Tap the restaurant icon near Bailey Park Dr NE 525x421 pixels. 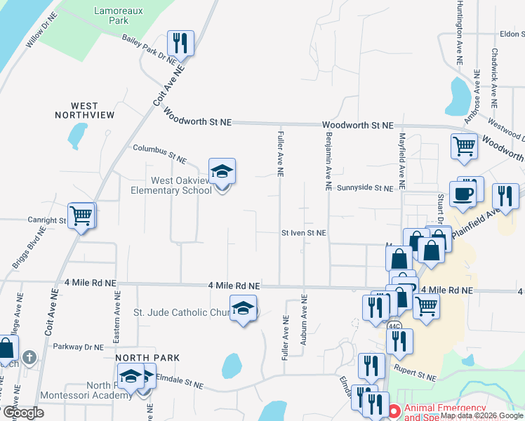pos(180,43)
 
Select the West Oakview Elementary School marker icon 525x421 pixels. pos(222,172)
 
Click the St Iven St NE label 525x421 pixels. pos(304,232)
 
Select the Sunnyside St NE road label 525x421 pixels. pos(364,188)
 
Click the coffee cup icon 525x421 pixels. pos(463,194)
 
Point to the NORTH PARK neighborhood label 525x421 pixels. pos(138,357)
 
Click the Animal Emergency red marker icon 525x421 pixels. pos(394,410)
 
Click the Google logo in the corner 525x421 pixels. pos(24,413)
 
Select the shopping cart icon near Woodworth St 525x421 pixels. pos(464,146)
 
